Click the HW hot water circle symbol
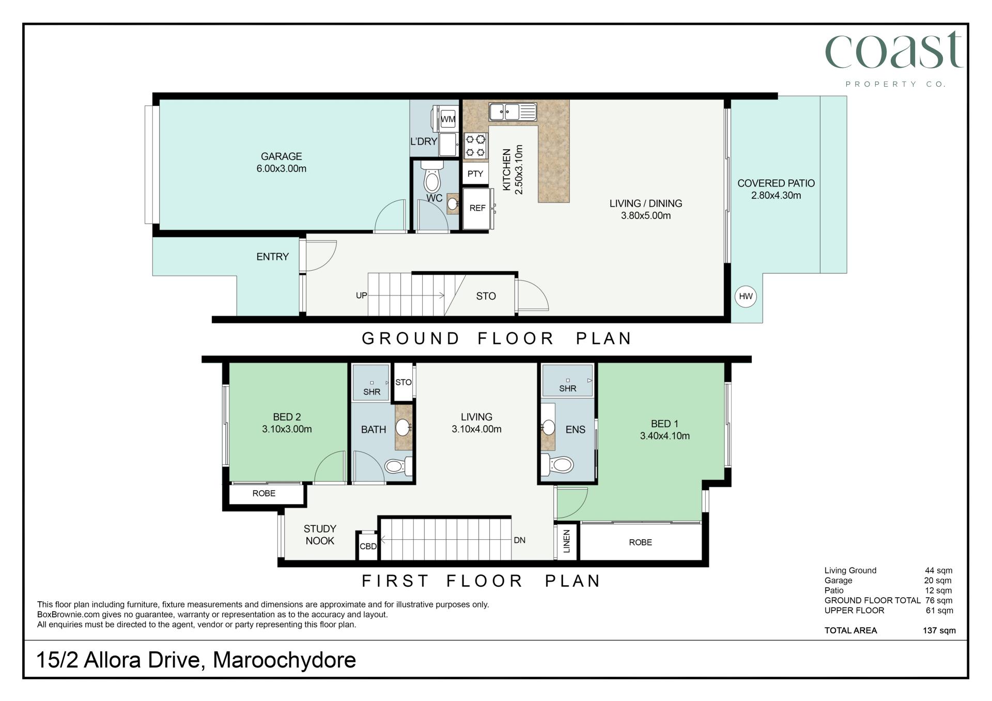(746, 296)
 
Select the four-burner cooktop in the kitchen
(476, 145)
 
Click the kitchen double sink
(513, 112)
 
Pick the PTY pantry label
(475, 174)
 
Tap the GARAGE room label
(281, 156)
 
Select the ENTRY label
(272, 257)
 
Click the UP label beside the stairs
(361, 295)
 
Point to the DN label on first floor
(519, 540)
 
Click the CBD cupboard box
(368, 546)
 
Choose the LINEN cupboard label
(566, 541)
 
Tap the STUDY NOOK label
(320, 535)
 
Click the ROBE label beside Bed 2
(263, 493)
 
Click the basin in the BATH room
(403, 428)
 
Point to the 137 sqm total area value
(939, 630)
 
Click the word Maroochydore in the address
(284, 660)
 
